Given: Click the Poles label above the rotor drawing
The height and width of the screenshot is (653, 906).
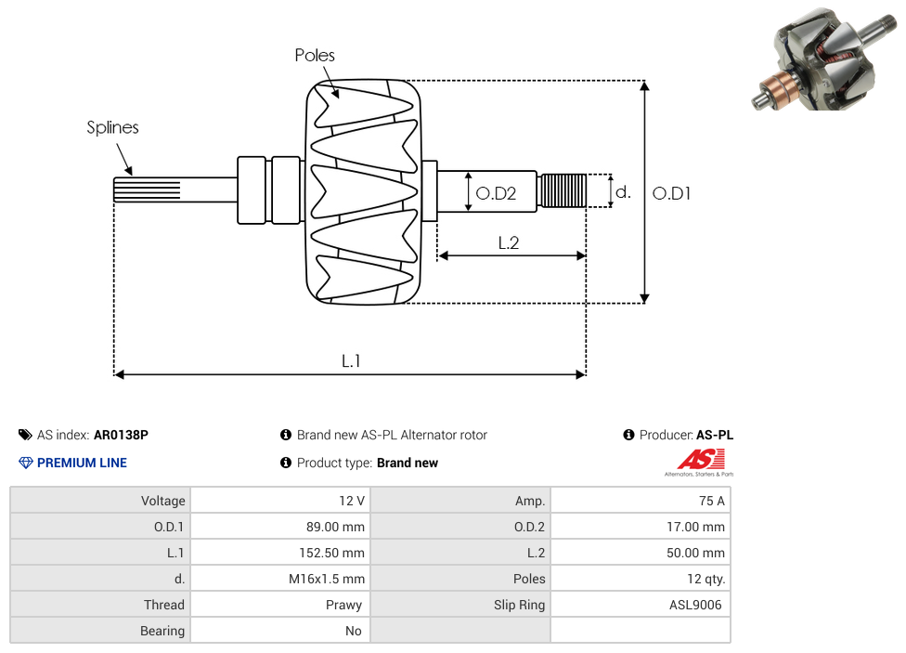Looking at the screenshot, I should click(x=315, y=56).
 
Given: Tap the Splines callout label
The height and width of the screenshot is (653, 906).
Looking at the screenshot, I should click(x=112, y=127).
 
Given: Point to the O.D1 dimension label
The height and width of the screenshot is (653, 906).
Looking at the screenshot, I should click(x=672, y=193).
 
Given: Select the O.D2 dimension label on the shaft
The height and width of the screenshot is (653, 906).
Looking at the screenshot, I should click(x=496, y=193).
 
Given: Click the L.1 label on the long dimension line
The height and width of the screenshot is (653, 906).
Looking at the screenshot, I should click(x=350, y=360).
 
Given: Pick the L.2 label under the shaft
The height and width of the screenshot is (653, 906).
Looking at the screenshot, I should click(x=508, y=242).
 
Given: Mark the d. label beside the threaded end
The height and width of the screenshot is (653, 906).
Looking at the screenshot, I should click(x=624, y=192).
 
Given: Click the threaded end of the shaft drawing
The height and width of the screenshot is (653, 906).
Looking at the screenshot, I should click(x=563, y=190).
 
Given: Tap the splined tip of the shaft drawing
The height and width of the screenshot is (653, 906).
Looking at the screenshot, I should click(x=147, y=189).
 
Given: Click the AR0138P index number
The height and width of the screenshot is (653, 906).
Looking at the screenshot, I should click(x=121, y=435).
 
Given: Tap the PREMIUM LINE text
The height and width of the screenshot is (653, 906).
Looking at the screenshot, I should click(x=82, y=463).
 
